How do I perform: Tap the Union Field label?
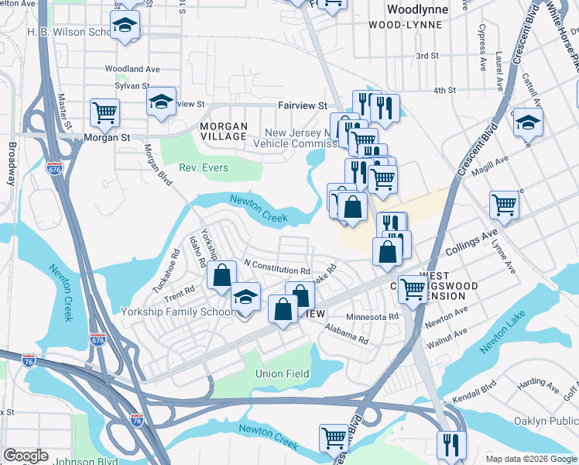283,374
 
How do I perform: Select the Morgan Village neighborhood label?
224,131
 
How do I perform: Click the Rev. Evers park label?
200,167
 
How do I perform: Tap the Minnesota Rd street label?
372,316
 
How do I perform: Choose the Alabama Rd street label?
347,334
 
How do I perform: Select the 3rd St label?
427,56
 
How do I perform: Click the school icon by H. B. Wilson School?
124,26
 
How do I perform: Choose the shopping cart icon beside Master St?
104,112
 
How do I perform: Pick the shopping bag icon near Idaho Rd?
221,275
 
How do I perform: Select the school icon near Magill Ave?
528,122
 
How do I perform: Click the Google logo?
26,456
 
